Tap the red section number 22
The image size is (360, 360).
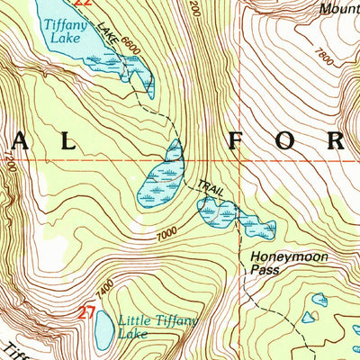83,4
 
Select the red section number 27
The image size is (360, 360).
86,313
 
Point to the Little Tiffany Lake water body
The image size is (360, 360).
104,330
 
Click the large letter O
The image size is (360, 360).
289,140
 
